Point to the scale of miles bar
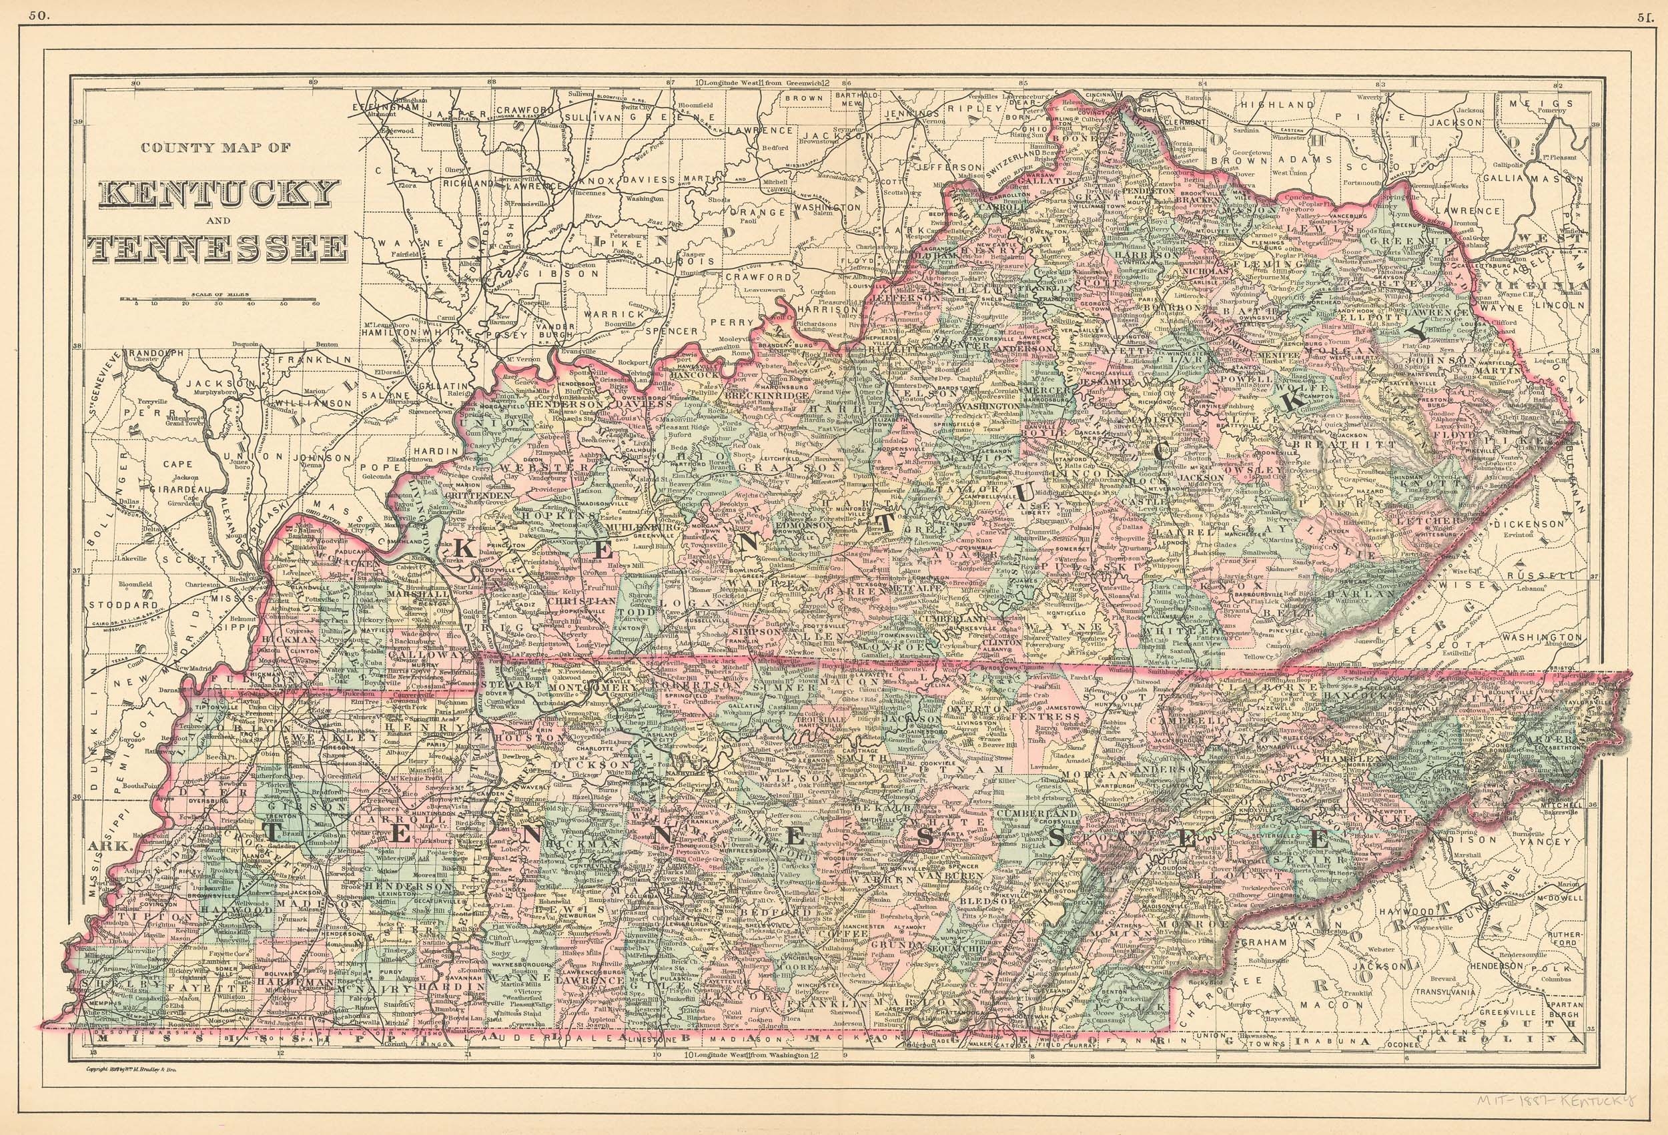pos(218,300)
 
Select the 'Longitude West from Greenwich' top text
pos(765,83)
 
